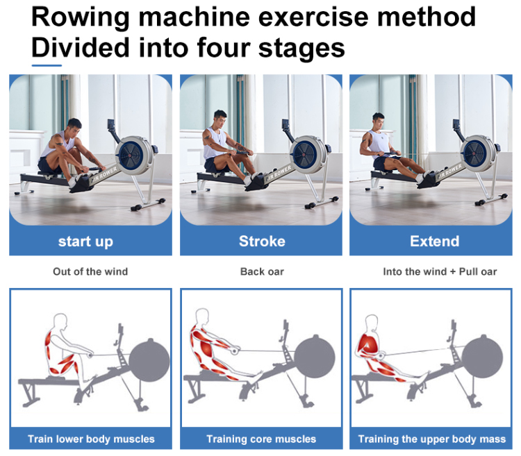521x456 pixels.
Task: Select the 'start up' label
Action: (85, 242)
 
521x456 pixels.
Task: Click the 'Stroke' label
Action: (262, 242)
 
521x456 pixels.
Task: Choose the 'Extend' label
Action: (434, 242)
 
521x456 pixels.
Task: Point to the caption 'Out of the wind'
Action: (90, 271)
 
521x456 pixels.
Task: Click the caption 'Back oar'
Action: (262, 271)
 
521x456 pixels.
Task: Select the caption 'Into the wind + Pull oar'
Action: (440, 271)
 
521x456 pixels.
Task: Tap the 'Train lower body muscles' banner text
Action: (91, 439)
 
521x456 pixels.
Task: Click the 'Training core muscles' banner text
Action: (261, 439)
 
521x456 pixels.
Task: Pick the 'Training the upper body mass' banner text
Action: (432, 439)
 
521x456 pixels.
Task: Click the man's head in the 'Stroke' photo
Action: (220, 116)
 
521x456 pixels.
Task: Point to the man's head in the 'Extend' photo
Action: (379, 119)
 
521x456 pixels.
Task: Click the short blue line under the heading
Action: (47, 66)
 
